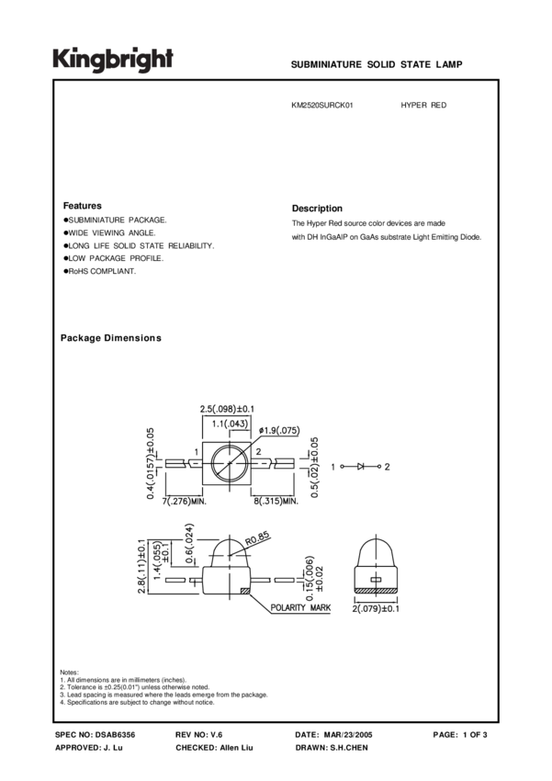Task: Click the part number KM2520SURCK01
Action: tap(322, 106)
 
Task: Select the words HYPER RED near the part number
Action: tap(423, 106)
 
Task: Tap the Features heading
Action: tap(82, 206)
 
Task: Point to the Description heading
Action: tap(317, 209)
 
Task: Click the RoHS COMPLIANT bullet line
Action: tap(101, 272)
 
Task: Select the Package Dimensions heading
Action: tap(110, 338)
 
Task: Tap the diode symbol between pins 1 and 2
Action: tap(361, 467)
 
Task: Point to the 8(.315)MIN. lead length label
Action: tap(275, 502)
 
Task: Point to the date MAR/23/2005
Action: tap(355, 735)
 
